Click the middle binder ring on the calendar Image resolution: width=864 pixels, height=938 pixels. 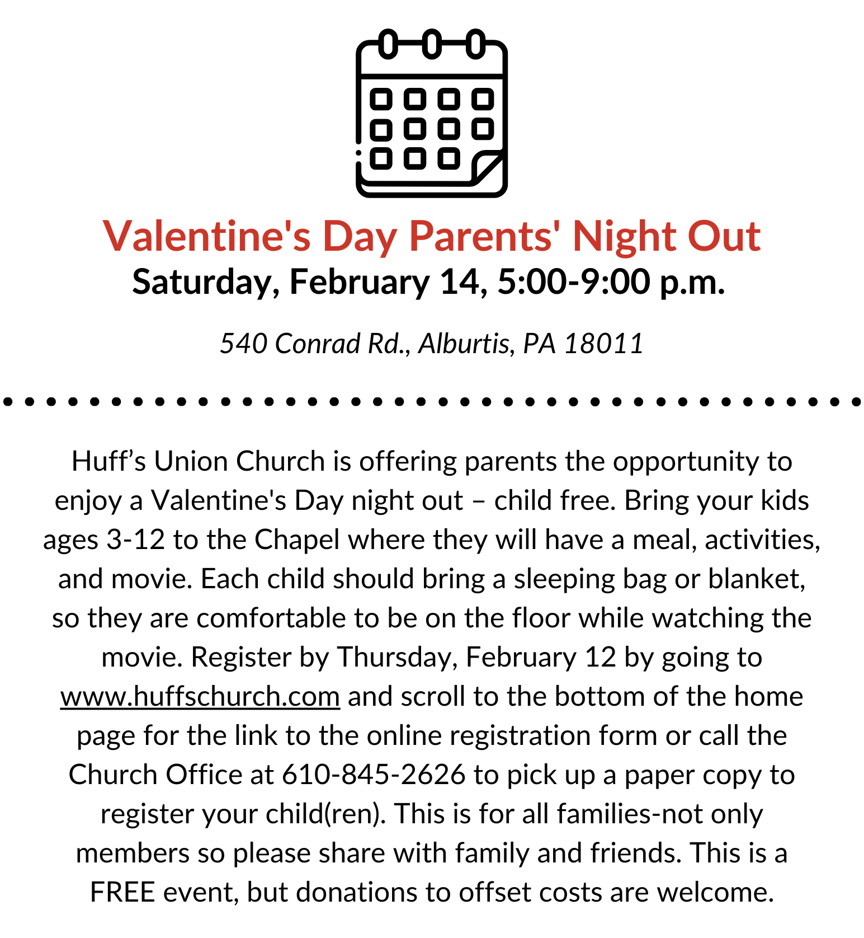point(431,44)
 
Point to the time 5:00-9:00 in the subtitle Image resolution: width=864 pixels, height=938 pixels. point(574,282)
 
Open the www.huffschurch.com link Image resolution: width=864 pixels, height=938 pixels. point(200,696)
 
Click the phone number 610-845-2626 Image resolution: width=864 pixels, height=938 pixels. point(374,775)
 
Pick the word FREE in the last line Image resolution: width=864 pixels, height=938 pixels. point(122,892)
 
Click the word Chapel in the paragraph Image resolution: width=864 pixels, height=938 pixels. point(297,540)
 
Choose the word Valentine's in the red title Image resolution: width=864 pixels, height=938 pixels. point(207,236)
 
